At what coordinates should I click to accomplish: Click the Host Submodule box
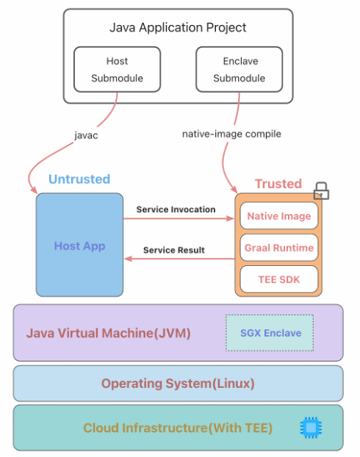[x=117, y=69]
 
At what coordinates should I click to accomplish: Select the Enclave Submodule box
[x=239, y=69]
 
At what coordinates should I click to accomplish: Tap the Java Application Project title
[x=178, y=28]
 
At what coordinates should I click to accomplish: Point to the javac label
[x=86, y=135]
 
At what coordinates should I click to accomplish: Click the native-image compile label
[x=231, y=134]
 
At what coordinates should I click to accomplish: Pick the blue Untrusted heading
[x=79, y=179]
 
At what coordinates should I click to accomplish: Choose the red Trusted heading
[x=278, y=184]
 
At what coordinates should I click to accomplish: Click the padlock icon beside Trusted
[x=321, y=191]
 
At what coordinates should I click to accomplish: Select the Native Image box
[x=279, y=216]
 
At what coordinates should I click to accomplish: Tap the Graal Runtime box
[x=279, y=248]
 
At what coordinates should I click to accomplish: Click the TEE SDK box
[x=279, y=279]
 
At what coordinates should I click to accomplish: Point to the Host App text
[x=79, y=246]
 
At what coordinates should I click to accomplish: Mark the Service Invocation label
[x=176, y=209]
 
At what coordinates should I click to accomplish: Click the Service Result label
[x=173, y=250]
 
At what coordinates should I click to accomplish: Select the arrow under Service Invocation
[x=179, y=218]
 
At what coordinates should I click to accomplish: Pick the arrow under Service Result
[x=179, y=259]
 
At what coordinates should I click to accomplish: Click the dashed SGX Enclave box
[x=270, y=333]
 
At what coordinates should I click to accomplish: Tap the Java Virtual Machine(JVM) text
[x=109, y=333]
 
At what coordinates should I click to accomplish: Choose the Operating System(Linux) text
[x=178, y=384]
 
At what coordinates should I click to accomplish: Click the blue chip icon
[x=311, y=428]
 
